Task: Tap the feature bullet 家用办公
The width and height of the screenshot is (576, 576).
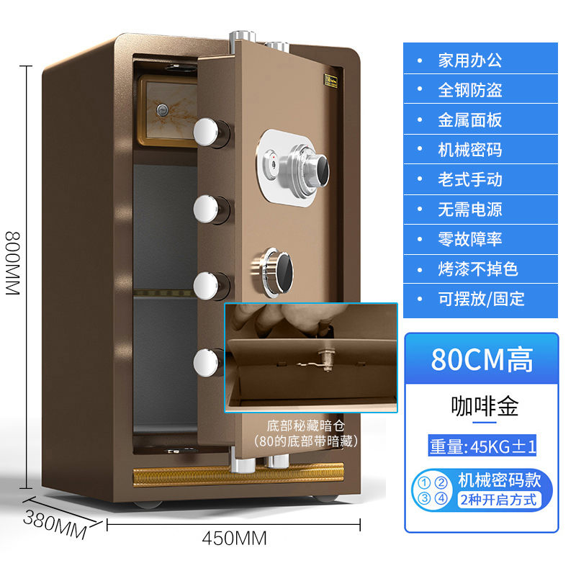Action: (x=469, y=60)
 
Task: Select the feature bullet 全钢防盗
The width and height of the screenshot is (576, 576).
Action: (x=469, y=89)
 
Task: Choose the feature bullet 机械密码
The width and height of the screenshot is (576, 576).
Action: (x=469, y=149)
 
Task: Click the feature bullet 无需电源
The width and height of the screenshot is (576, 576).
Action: (x=469, y=209)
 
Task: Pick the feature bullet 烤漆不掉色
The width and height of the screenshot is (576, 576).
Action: (x=477, y=269)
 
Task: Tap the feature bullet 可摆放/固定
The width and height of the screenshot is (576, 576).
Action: (x=481, y=298)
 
